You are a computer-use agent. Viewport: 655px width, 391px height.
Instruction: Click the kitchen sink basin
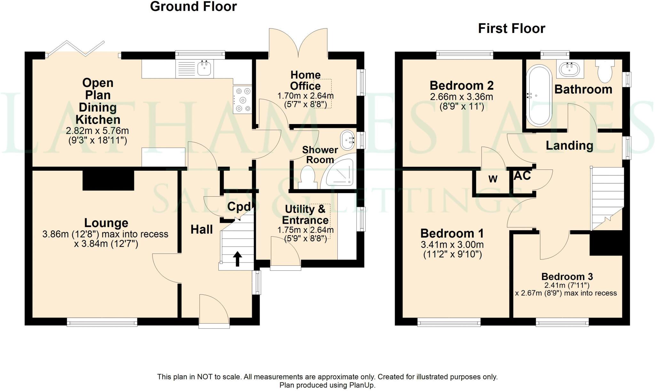(204, 68)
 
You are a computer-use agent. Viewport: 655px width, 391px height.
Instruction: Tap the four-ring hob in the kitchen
(242, 100)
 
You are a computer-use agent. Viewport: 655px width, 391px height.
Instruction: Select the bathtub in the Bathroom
(539, 96)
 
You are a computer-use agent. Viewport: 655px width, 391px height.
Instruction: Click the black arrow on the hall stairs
(237, 259)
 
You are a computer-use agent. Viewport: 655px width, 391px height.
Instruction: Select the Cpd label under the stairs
(239, 207)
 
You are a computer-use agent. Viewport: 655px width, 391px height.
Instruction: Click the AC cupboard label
(522, 176)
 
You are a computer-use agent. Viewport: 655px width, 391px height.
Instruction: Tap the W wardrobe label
(493, 179)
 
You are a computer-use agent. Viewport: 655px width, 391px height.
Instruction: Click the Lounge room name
(106, 223)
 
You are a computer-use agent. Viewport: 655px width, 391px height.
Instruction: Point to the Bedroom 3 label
(567, 276)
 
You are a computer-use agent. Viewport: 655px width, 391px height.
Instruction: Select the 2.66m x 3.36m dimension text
(461, 97)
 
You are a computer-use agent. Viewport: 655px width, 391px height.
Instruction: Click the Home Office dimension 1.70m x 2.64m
(305, 96)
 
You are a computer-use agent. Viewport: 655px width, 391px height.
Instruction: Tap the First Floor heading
(511, 29)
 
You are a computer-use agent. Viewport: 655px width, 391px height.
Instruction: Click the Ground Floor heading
(193, 7)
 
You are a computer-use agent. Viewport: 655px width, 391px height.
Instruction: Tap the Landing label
(569, 145)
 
